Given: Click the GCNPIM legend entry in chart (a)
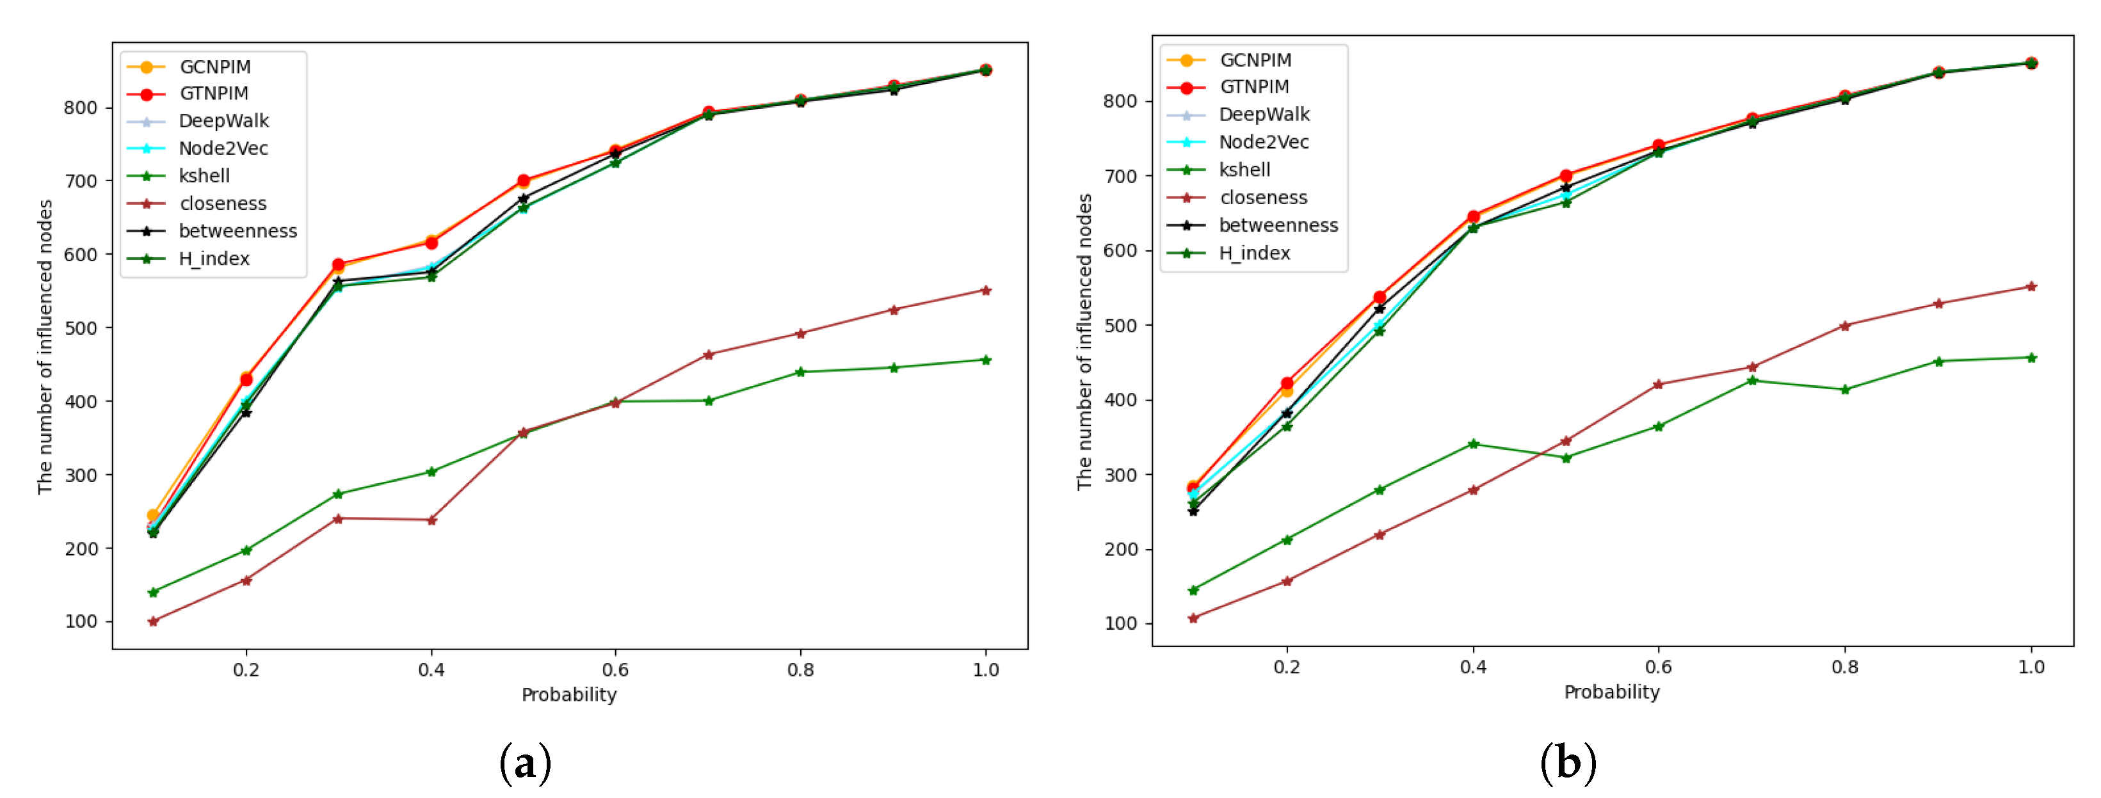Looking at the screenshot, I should click(x=214, y=67).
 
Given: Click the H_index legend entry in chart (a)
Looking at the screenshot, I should click(x=214, y=259).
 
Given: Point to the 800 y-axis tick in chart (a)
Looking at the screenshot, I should click(x=81, y=108).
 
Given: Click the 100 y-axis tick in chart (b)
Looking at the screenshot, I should click(x=1121, y=623).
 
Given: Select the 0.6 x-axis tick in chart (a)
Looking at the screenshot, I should click(x=615, y=670).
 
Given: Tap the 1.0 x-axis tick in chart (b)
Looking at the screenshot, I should click(x=2031, y=667).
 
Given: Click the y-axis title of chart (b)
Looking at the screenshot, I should click(x=1084, y=342).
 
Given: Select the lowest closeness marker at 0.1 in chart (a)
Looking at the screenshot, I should click(x=154, y=622).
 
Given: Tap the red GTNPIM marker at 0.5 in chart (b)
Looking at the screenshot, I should click(x=1566, y=176).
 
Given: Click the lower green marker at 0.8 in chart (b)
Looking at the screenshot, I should click(x=1845, y=390).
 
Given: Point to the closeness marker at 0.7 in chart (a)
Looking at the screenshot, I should click(x=708, y=355).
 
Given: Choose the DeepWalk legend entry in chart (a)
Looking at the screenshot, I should click(x=223, y=122).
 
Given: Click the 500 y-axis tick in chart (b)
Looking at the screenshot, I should click(x=1121, y=325).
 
